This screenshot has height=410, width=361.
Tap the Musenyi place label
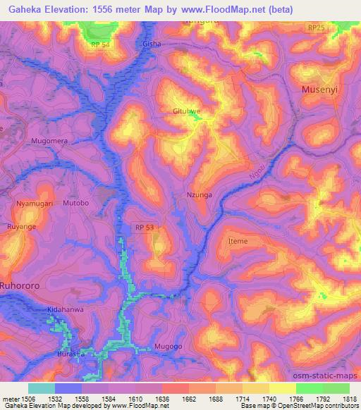click(x=322, y=90)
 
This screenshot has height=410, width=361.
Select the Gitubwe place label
click(x=188, y=111)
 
